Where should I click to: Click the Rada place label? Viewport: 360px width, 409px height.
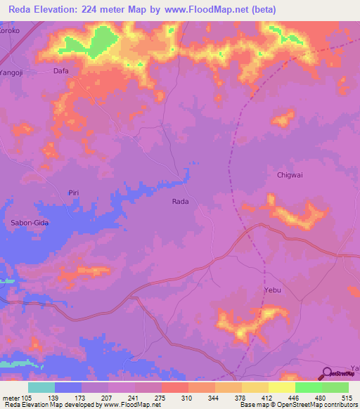[x=181, y=201]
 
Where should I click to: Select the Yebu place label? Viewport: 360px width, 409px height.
[x=272, y=289]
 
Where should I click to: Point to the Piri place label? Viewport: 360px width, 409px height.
[x=74, y=193]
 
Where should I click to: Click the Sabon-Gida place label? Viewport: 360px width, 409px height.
[x=29, y=223]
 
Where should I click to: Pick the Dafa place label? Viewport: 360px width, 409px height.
[x=61, y=71]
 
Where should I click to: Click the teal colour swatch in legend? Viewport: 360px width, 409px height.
[x=41, y=387]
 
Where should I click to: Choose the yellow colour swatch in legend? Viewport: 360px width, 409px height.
[x=255, y=387]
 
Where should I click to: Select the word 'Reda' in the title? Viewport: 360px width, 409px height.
[x=22, y=10]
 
